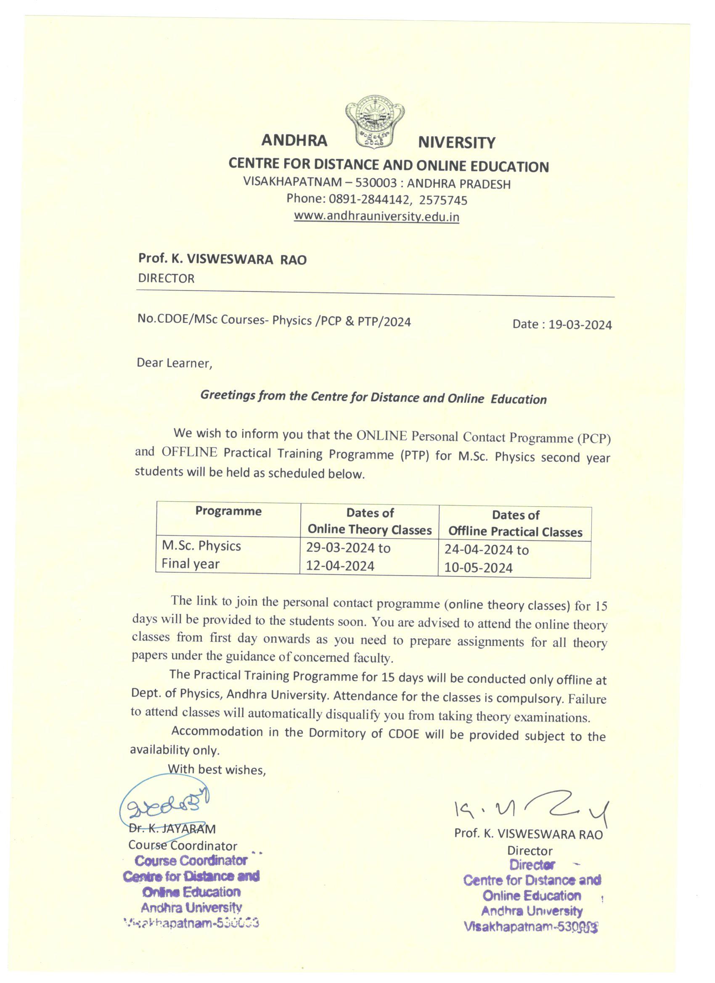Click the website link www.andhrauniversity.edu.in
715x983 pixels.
coord(376,216)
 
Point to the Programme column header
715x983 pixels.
coord(228,511)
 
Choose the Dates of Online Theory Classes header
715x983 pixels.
coord(369,521)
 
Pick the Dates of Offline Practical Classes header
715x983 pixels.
coord(515,523)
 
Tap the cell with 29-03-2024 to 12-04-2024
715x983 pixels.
coord(348,557)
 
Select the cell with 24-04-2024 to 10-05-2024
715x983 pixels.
coord(486,559)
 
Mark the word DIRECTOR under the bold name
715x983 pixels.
coord(166,278)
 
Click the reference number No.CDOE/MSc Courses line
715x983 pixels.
coord(274,321)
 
